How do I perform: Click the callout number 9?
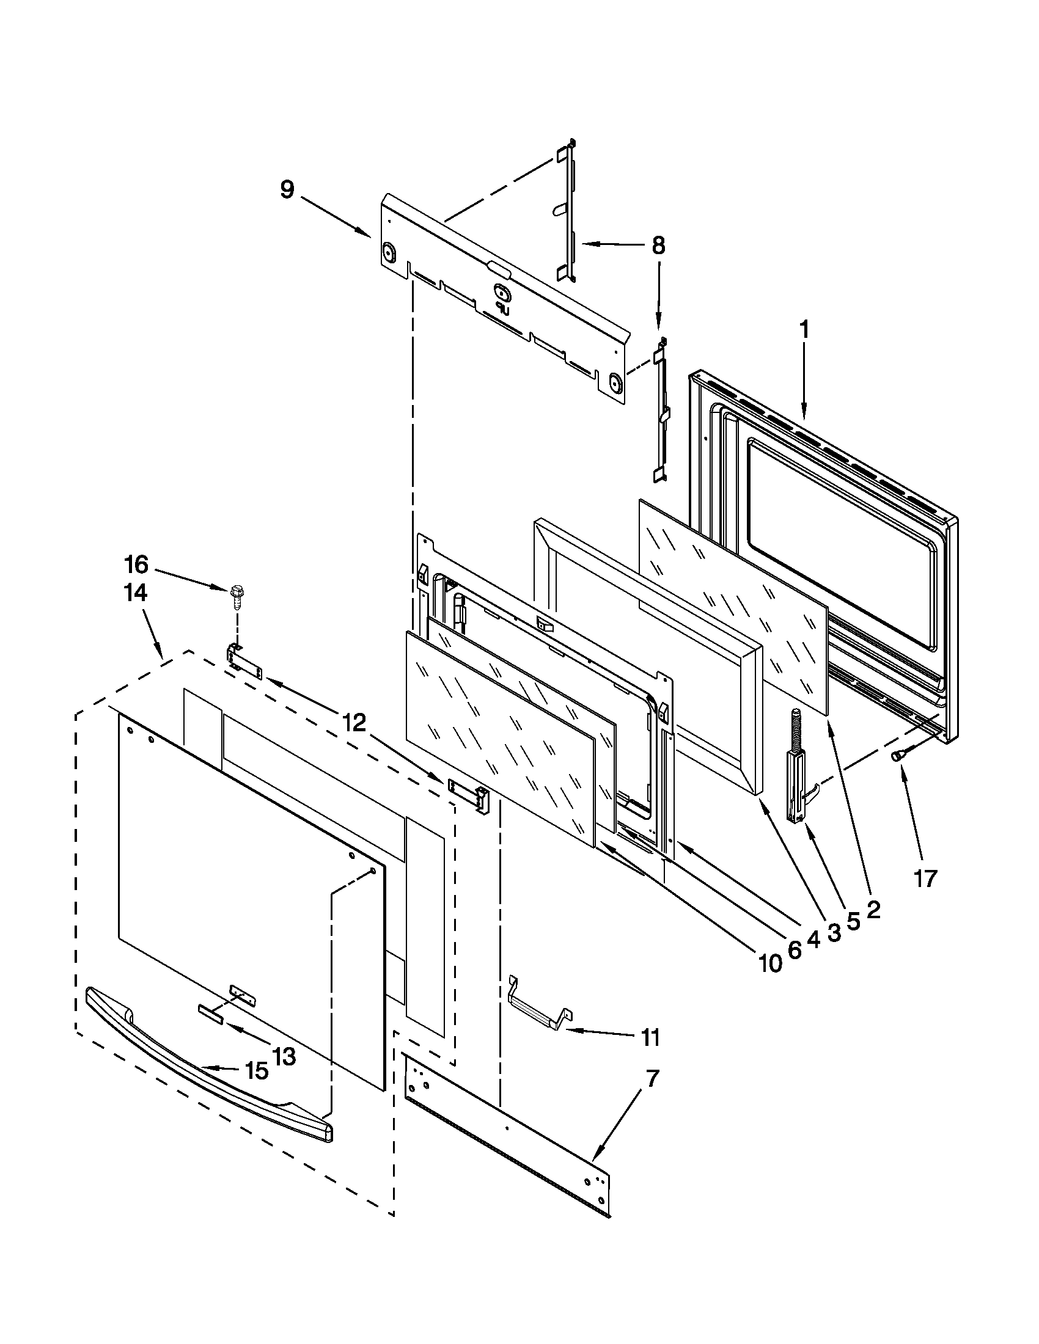tap(287, 189)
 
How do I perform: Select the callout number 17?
tap(925, 878)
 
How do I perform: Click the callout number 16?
tap(136, 564)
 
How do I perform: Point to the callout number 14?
tap(136, 593)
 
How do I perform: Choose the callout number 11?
tap(650, 1037)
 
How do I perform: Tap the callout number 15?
tap(257, 1071)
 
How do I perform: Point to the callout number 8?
tap(658, 246)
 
